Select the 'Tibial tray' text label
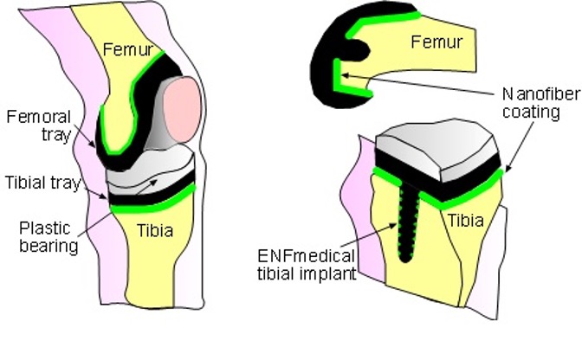tap(36, 183)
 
